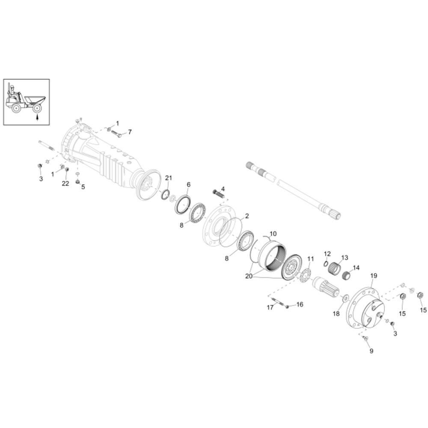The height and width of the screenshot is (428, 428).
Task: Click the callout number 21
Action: pyautogui.click(x=168, y=178)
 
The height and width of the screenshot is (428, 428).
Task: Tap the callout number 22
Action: pyautogui.click(x=65, y=184)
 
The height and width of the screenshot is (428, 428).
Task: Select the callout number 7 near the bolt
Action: pyautogui.click(x=130, y=132)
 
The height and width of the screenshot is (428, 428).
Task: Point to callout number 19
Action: pyautogui.click(x=374, y=276)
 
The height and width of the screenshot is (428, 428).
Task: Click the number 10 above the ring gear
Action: pyautogui.click(x=273, y=234)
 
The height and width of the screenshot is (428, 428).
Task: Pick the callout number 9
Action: pyautogui.click(x=371, y=351)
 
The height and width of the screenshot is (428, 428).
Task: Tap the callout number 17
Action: pyautogui.click(x=270, y=307)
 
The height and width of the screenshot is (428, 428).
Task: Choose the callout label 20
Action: pyautogui.click(x=249, y=276)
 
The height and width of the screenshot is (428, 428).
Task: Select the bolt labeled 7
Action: pyautogui.click(x=116, y=134)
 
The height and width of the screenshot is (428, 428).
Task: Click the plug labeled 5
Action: pyautogui.click(x=78, y=182)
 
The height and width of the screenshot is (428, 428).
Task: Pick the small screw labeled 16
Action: pyautogui.click(x=287, y=306)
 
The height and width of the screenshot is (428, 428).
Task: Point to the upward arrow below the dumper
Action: pyautogui.click(x=37, y=117)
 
